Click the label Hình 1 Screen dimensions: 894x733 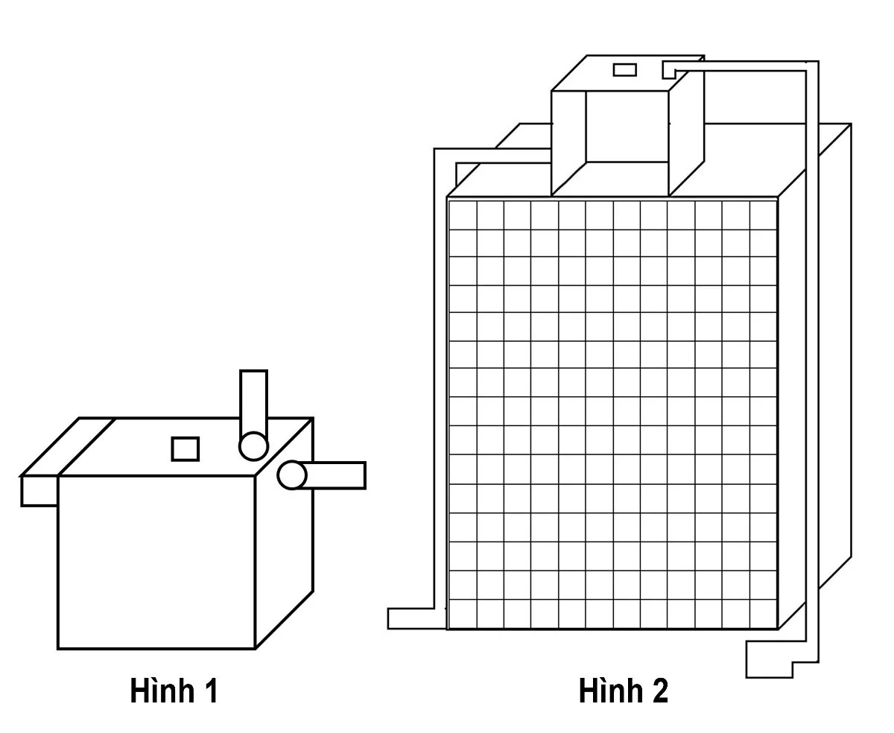[174, 691]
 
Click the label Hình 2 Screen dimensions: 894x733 [623, 691]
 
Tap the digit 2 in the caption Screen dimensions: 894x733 [659, 691]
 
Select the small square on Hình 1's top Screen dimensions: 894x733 [186, 449]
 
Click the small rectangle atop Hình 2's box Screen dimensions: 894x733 [624, 70]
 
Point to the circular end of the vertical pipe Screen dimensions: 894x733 [253, 446]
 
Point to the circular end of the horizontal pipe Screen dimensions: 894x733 [291, 475]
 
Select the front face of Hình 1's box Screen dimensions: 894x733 [156, 562]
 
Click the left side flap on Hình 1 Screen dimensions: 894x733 [39, 491]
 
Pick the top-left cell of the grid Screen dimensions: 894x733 [463, 215]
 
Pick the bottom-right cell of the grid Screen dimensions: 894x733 [763, 614]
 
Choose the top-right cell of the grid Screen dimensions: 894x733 [763, 215]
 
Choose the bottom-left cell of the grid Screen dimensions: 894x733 [463, 614]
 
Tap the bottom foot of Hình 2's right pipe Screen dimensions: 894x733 [769, 664]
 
